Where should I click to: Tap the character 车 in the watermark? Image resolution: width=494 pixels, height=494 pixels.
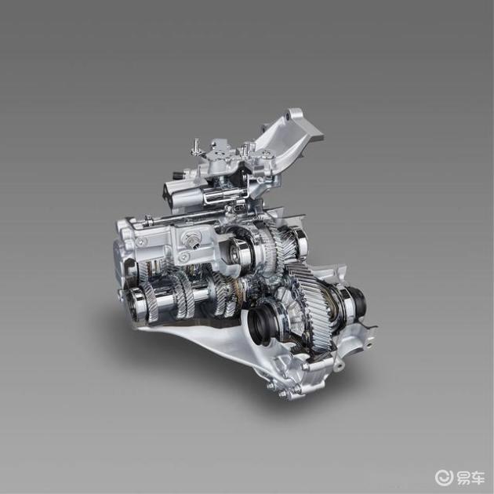click(478, 478)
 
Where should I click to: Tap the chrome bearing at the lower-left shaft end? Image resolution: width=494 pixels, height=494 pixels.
click(136, 302)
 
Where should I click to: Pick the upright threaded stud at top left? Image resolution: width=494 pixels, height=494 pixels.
click(197, 147)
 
